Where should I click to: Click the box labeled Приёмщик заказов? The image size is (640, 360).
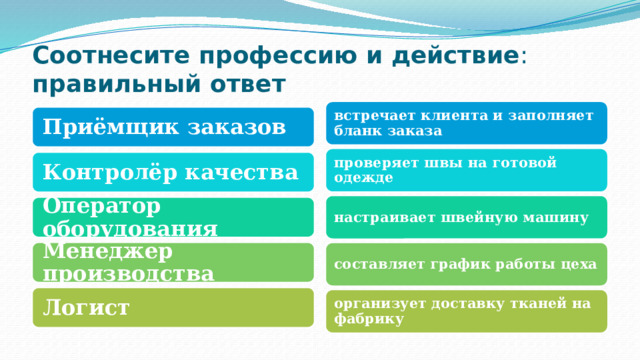171,126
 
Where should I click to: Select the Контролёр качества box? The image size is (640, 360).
171,172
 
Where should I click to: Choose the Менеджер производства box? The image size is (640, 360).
171,263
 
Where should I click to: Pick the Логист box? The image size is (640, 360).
171,307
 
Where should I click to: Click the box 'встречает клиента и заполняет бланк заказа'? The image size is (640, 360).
467,123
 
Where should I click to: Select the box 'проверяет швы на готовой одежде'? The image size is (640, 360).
467,170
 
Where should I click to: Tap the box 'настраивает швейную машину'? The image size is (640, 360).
467,217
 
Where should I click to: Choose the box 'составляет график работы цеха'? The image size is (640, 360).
467,264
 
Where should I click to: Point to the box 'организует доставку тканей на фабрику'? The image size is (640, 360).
467,311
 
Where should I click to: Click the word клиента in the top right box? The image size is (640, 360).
446,115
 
